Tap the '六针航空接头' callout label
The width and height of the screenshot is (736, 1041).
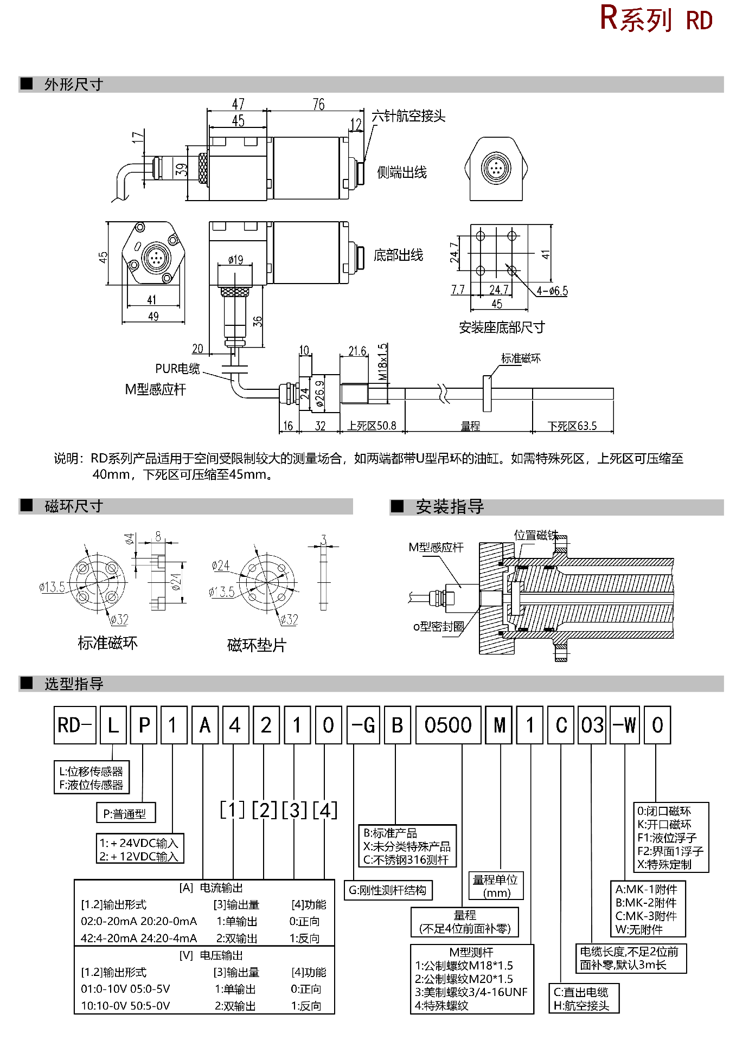[x=408, y=116]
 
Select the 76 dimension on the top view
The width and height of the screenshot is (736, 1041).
[x=318, y=104]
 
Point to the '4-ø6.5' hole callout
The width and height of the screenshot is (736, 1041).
[x=552, y=291]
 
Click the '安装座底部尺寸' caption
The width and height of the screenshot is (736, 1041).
[x=501, y=327]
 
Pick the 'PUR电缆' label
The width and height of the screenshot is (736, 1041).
[x=177, y=369]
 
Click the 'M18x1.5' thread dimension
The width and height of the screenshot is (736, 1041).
[x=383, y=362]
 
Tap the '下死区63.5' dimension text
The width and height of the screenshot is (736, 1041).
[x=572, y=426]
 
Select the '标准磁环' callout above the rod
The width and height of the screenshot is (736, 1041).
[x=520, y=358]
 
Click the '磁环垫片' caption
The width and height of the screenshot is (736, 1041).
[x=257, y=645]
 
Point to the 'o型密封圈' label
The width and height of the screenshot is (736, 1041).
[x=438, y=627]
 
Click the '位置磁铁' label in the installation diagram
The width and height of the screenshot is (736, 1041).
[x=536, y=536]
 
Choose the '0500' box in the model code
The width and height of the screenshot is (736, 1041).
[x=448, y=725]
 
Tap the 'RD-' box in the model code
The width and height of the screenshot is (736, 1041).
[x=75, y=725]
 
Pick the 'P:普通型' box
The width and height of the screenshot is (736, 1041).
[x=125, y=813]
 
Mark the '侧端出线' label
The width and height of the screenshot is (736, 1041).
[x=402, y=173]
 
